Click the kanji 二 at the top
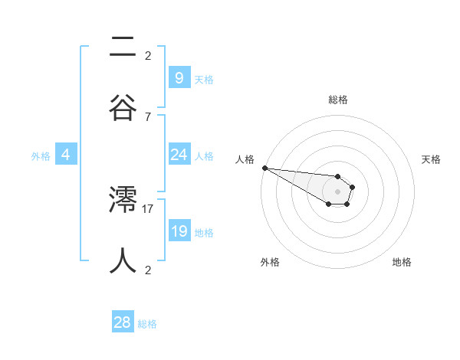coord(123,47)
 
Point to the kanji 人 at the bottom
coord(123,259)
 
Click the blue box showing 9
coord(179,77)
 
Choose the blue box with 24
coord(179,155)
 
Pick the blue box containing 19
coord(179,231)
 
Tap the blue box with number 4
coord(66,155)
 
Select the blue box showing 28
coord(123,322)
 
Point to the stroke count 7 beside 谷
coord(147,116)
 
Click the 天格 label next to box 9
coord(204,79)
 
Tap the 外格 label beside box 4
coord(41,156)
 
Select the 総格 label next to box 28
coord(147,324)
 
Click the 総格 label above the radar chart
coord(337,100)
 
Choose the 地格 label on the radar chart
coord(402,262)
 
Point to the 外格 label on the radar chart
coord(270,262)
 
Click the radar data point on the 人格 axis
coord(264,168)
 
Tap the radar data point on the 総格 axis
coord(337,176)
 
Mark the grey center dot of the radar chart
coord(337,191)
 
